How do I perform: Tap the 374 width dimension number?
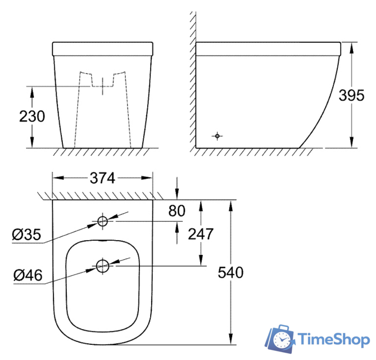[x=102, y=178]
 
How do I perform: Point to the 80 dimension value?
[x=176, y=211]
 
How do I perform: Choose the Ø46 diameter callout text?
[x=26, y=275]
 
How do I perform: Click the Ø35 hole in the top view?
[x=102, y=221]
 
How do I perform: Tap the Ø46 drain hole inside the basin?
[x=102, y=265]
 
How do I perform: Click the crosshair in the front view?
[x=102, y=86]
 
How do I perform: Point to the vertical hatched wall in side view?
[x=192, y=79]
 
